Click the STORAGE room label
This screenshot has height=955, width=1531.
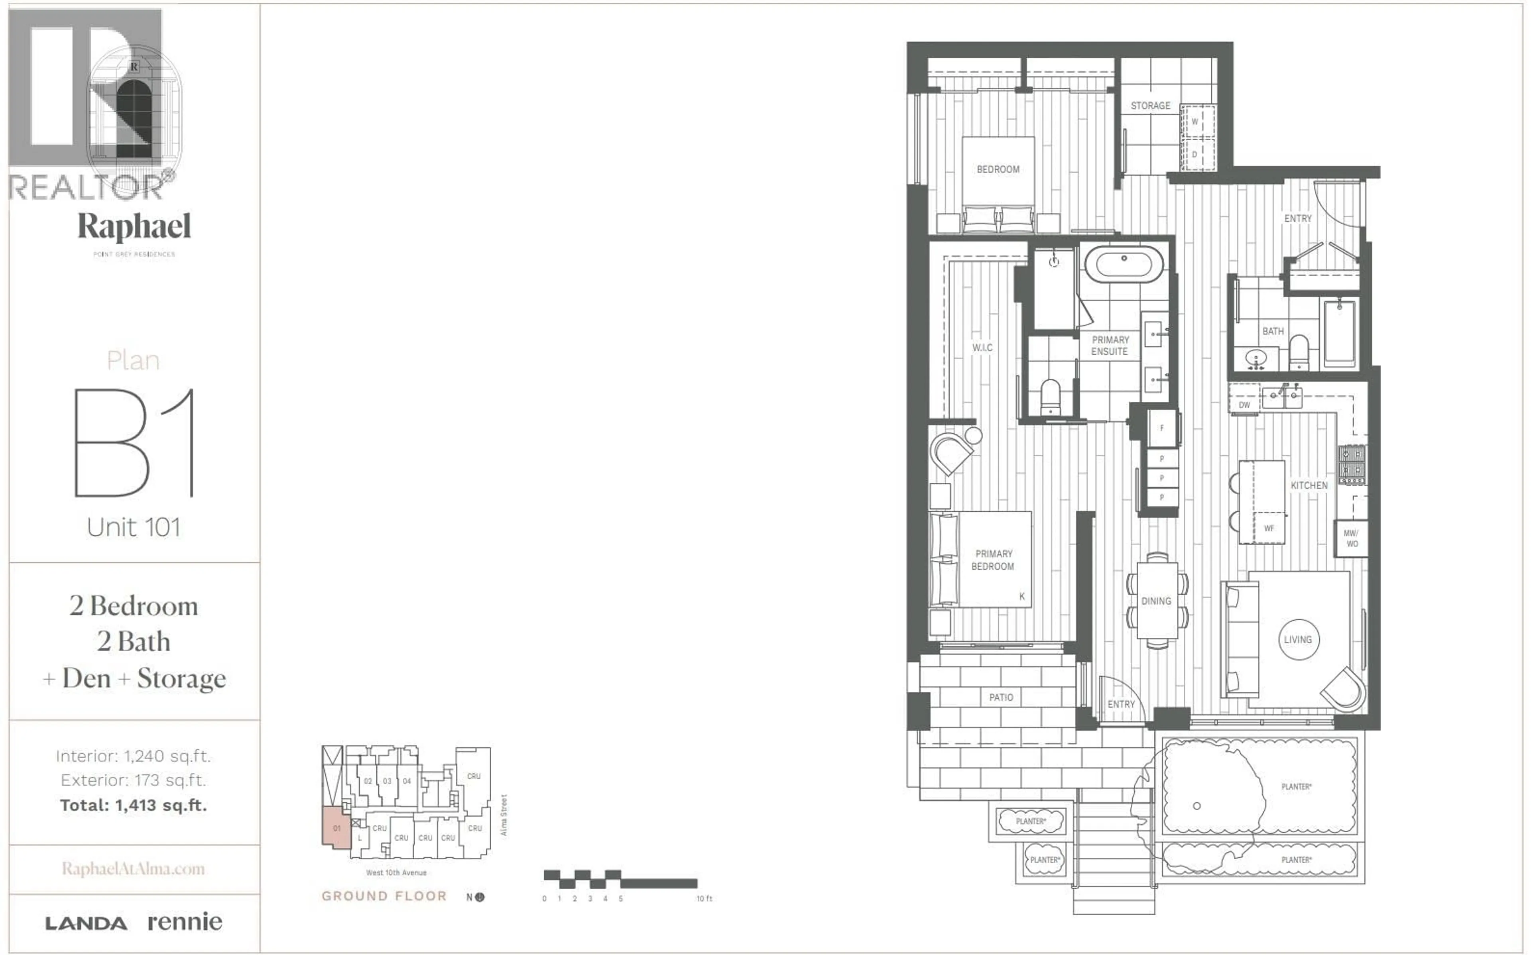[1150, 106]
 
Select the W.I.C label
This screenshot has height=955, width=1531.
[982, 348]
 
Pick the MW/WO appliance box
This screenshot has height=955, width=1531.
[1351, 538]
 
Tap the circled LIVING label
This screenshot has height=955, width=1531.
[1298, 640]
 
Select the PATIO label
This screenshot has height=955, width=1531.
[1001, 697]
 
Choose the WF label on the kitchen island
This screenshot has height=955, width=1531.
[1269, 528]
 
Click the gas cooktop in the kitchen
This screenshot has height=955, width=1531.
[1352, 464]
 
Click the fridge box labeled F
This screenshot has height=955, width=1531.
[1161, 428]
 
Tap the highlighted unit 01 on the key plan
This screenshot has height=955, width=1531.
[337, 827]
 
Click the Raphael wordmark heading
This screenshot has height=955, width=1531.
[134, 227]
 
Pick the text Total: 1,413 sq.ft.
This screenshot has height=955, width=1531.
[133, 805]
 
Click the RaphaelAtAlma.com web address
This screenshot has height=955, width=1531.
[133, 869]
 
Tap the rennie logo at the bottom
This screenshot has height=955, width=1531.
[185, 922]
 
